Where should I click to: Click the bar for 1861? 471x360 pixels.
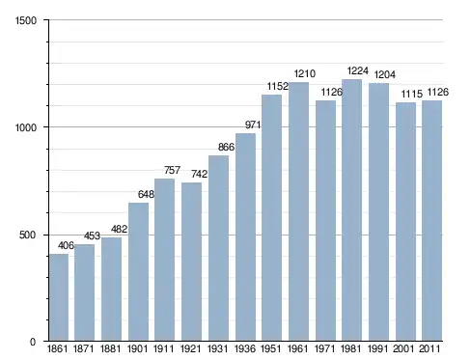[x=59, y=297]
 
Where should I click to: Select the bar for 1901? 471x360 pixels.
[x=138, y=271]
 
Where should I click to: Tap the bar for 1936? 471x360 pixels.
[x=245, y=237]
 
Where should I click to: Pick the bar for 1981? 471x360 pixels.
[x=351, y=210]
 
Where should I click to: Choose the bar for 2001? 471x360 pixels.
[x=405, y=222]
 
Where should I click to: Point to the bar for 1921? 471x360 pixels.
[x=191, y=262]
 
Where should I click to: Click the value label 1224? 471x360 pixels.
[x=357, y=70]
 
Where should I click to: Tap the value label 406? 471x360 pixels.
[x=66, y=245]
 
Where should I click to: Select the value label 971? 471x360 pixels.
[x=253, y=125]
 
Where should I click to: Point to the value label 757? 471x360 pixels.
[x=172, y=170]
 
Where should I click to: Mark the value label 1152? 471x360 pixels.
[x=278, y=86]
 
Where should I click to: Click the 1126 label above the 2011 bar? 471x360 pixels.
[x=437, y=93]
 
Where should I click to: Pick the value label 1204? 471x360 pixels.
[x=384, y=74]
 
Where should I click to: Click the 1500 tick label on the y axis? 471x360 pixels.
[x=26, y=20]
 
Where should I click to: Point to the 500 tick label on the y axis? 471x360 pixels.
[x=27, y=235]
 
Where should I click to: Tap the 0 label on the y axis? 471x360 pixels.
[x=33, y=342]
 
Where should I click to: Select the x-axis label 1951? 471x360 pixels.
[x=270, y=348]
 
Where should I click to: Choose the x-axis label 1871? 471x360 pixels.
[x=84, y=348]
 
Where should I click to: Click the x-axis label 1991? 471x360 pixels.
[x=377, y=348]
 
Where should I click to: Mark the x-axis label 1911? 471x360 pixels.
[x=163, y=348]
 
